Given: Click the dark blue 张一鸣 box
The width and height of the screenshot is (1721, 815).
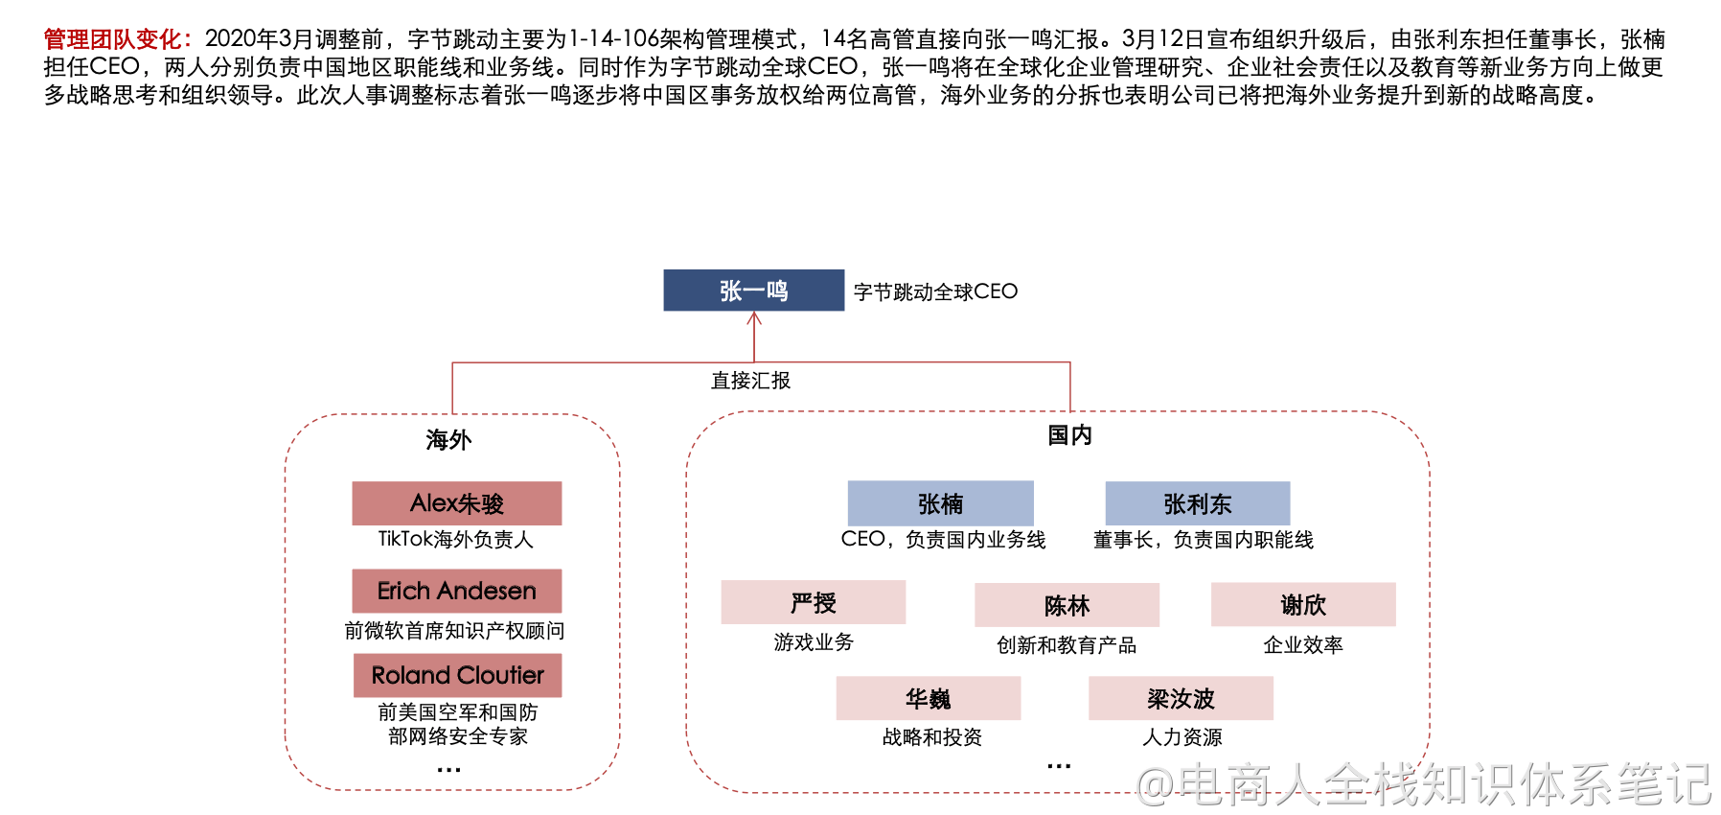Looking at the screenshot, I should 753,291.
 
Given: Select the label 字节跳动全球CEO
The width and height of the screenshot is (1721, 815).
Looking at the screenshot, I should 935,291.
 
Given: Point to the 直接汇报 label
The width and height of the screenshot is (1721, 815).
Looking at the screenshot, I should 750,381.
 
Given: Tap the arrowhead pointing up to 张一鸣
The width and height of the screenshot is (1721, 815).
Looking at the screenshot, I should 754,319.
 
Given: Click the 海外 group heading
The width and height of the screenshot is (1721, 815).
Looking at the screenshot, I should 448,440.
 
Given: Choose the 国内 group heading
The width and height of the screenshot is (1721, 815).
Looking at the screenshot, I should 1069,435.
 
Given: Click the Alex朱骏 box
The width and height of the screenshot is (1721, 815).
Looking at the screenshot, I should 457,503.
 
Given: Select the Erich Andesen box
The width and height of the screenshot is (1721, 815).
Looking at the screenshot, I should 457,591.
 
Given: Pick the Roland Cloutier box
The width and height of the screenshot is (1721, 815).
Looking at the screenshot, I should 457,675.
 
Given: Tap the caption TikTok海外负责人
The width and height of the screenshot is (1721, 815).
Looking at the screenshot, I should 455,539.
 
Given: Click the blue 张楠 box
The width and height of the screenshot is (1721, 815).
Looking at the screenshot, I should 940,503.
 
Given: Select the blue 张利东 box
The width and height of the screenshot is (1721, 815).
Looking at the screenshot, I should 1197,503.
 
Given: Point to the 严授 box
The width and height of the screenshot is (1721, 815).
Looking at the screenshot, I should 813,602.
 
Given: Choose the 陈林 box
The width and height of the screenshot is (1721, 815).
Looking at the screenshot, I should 1067,605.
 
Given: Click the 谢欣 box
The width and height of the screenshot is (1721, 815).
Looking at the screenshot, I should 1303,604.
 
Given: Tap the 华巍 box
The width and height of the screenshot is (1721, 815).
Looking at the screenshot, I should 928,698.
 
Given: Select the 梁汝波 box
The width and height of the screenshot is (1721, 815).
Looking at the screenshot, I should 1181,698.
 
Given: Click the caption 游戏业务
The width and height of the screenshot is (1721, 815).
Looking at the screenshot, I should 814,642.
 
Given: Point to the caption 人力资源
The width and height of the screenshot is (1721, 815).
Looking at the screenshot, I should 1182,737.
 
